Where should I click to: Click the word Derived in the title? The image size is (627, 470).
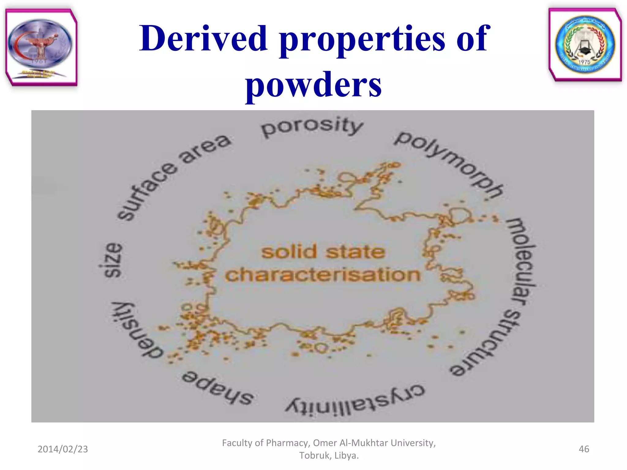click(203, 39)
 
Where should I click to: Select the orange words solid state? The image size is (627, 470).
click(323, 252)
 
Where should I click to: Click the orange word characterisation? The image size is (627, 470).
click(323, 274)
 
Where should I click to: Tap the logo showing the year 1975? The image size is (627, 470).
click(585, 45)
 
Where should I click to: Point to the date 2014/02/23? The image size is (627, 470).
click(63, 449)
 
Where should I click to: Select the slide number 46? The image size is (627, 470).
click(584, 449)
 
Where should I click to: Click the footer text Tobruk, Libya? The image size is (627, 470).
click(329, 455)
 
